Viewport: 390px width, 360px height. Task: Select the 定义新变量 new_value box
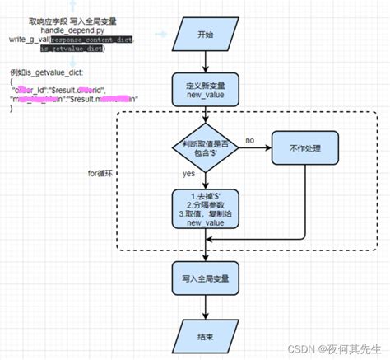pyautogui.click(x=204, y=90)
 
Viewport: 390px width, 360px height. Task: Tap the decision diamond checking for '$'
pyautogui.click(x=204, y=149)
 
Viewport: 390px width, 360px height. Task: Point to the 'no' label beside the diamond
pyautogui.click(x=249, y=140)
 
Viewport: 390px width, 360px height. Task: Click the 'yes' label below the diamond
pyautogui.click(x=188, y=175)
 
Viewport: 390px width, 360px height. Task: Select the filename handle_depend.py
pyautogui.click(x=74, y=30)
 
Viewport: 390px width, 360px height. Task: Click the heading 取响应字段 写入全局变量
pyautogui.click(x=74, y=20)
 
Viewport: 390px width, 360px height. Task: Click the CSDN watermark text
pyautogui.click(x=332, y=348)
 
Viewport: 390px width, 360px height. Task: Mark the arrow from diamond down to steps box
pyautogui.click(x=204, y=182)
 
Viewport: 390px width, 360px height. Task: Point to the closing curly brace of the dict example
pyautogui.click(x=12, y=110)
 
